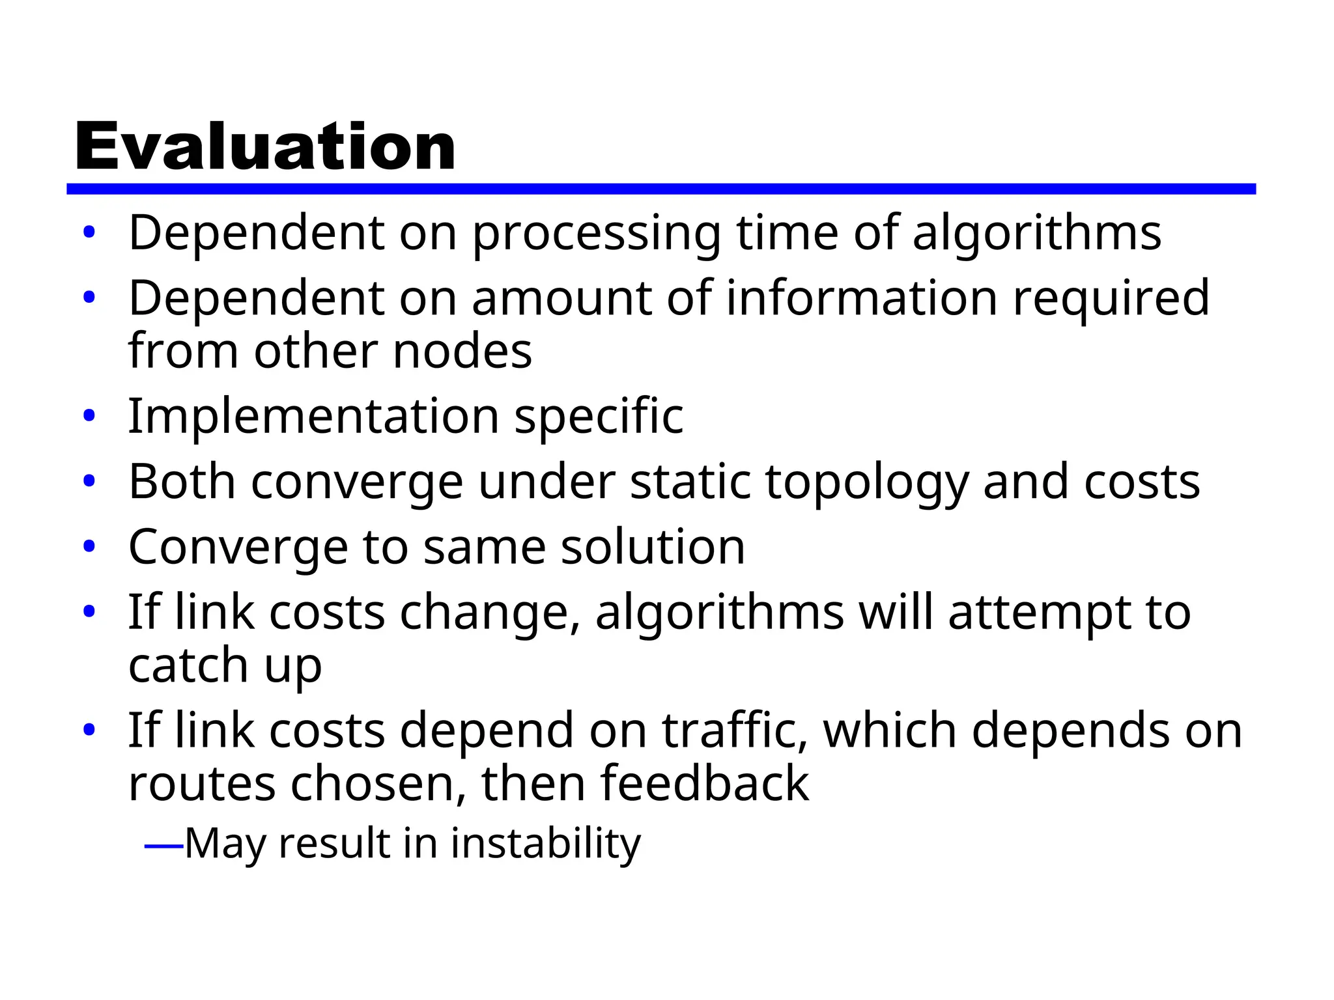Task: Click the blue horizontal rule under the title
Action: point(660,189)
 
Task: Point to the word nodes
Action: point(462,352)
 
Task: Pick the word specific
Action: point(599,417)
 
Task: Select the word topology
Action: point(866,483)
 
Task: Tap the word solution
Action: point(653,547)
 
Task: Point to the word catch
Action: point(188,665)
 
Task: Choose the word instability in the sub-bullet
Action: point(545,844)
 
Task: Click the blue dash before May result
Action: point(163,846)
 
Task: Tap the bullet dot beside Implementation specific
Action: point(89,415)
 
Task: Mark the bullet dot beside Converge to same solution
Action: point(89,546)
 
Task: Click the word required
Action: point(1111,299)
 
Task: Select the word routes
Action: point(202,784)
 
